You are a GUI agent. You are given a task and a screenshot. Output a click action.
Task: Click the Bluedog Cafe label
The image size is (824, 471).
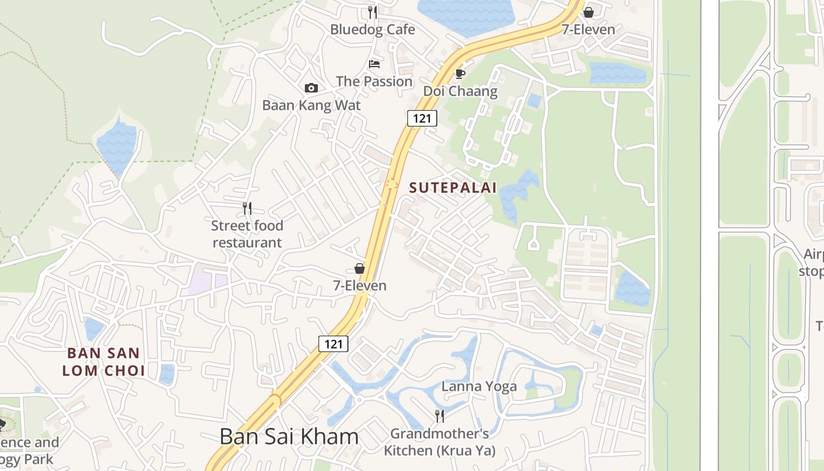[x=372, y=29]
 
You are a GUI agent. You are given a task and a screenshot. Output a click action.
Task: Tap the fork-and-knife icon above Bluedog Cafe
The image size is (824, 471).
[x=372, y=12]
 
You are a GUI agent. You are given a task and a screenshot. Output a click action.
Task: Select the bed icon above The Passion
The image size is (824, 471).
[x=374, y=64]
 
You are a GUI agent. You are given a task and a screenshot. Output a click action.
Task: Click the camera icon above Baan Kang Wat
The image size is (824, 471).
[x=311, y=88]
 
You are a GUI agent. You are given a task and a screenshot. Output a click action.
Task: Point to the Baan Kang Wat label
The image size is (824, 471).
[x=311, y=105]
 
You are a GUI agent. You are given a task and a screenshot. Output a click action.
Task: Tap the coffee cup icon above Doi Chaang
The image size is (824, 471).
[x=460, y=74]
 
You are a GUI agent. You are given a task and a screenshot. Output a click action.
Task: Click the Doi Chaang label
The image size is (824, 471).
[x=460, y=91]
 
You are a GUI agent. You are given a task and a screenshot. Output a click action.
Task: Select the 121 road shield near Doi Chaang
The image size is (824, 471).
[x=422, y=118]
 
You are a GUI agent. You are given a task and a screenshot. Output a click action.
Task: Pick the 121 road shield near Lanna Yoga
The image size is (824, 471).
[x=333, y=344]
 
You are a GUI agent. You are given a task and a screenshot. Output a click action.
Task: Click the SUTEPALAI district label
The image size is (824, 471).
[x=453, y=188]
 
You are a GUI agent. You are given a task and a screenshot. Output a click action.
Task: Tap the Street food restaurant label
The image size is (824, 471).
[x=247, y=234]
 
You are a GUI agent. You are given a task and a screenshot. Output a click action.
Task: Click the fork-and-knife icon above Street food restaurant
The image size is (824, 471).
[x=247, y=208]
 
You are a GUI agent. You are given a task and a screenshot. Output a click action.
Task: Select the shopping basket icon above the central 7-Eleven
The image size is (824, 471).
[x=360, y=269]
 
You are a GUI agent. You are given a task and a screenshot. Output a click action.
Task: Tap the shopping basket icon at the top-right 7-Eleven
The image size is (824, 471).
[x=588, y=12]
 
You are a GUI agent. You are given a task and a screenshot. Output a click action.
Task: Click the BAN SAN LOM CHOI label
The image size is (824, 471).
[x=104, y=362]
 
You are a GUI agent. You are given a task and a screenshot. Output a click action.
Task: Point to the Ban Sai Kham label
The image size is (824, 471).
[x=289, y=437]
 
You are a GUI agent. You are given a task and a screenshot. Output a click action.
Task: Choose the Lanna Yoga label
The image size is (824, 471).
[x=479, y=387]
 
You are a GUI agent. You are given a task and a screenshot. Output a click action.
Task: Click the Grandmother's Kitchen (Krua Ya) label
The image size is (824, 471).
[x=440, y=443]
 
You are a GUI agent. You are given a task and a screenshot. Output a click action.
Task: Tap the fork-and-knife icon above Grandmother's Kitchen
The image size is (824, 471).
[x=440, y=416]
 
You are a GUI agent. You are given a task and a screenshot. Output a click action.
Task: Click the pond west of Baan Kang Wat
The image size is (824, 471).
[x=117, y=145]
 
